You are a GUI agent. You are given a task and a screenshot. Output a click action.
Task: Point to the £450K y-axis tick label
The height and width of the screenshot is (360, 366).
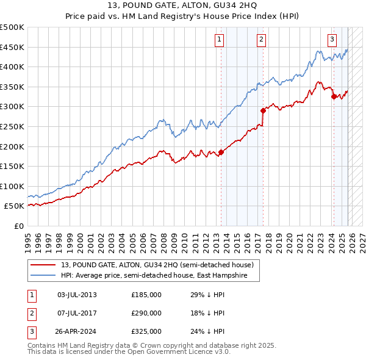[x=12, y=47]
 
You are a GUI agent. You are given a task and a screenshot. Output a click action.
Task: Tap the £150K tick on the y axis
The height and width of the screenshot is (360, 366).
[x=12, y=166]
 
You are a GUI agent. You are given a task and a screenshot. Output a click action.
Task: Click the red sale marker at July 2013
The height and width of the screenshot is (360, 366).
[x=221, y=153]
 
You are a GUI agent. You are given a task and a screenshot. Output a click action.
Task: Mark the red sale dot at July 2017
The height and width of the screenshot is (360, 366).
[x=263, y=111]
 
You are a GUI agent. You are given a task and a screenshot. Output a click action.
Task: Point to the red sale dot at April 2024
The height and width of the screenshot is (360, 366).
[x=334, y=96]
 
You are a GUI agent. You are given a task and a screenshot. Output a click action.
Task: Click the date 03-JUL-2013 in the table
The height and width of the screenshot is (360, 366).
[x=77, y=295]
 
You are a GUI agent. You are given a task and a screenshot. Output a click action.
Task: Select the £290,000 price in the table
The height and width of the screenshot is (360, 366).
[x=146, y=313]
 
